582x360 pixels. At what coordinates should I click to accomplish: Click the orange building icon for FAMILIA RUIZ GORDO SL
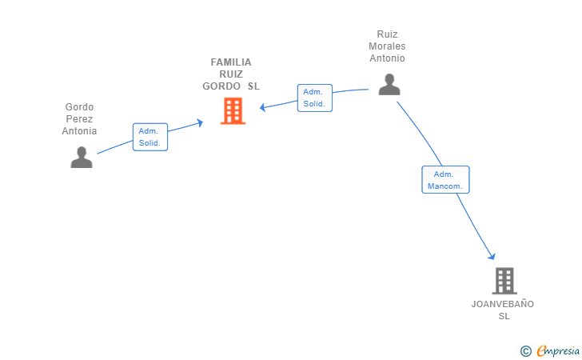[x=233, y=110]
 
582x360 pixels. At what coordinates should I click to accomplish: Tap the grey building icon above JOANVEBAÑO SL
[x=504, y=281]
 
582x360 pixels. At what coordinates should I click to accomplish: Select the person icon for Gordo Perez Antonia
[x=82, y=157]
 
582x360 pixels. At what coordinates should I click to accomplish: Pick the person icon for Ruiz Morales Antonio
[x=389, y=84]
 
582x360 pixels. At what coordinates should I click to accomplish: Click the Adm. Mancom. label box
[x=445, y=179]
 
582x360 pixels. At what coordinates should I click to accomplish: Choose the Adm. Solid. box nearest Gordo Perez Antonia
[x=150, y=137]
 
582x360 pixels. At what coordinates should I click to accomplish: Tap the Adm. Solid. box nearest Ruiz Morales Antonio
[x=314, y=98]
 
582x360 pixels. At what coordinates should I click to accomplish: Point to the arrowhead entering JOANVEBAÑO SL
[x=492, y=256]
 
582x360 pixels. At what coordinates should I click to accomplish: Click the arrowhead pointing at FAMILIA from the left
[x=200, y=122]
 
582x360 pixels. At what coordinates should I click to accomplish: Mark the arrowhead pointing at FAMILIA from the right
[x=262, y=107]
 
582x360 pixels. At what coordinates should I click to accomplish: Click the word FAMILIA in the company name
[x=231, y=62]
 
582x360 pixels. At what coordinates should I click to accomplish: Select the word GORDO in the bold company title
[x=221, y=86]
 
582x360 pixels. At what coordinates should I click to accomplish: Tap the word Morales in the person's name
[x=387, y=46]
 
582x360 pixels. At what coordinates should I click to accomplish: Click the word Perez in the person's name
[x=79, y=119]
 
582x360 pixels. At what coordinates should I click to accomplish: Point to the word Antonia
[x=79, y=130]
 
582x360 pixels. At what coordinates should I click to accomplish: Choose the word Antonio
[x=387, y=58]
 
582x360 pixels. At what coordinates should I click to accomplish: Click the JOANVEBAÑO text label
[x=503, y=304]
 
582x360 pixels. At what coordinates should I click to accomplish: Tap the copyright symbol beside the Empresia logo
[x=525, y=350]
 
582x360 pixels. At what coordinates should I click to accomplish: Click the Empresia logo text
[x=558, y=350]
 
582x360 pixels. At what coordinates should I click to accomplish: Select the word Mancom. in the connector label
[x=445, y=186]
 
